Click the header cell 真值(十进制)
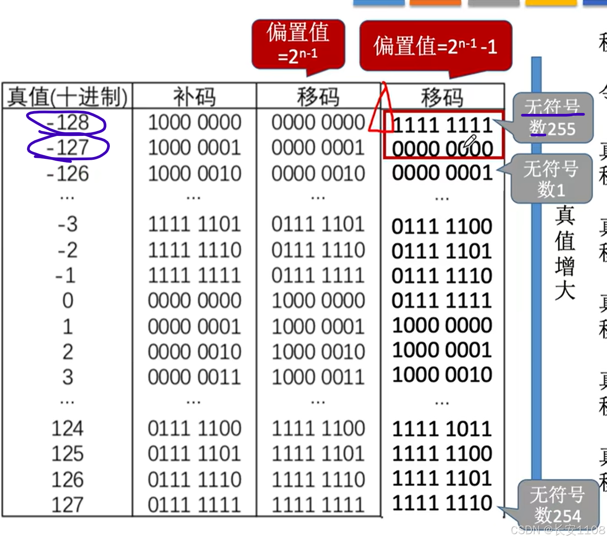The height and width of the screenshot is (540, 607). (x=68, y=96)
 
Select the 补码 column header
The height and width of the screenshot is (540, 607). (x=194, y=96)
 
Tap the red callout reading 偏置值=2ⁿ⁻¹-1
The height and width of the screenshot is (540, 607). (x=435, y=45)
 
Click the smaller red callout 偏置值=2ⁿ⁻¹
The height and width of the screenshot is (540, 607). (x=298, y=44)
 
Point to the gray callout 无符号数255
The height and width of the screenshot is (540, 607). (x=553, y=118)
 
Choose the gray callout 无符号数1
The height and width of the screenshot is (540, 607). (x=551, y=179)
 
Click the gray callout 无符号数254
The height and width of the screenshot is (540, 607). (x=557, y=504)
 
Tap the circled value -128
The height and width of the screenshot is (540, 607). (x=68, y=122)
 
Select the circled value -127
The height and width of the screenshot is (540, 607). (x=68, y=148)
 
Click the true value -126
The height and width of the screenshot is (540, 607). (x=68, y=173)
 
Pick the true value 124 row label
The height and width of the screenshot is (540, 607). (x=68, y=428)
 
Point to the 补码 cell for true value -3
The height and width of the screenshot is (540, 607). (x=195, y=224)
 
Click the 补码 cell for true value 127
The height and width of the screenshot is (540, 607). (x=195, y=504)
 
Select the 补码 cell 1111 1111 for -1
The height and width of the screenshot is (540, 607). (x=195, y=275)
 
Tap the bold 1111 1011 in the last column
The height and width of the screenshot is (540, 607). (x=442, y=429)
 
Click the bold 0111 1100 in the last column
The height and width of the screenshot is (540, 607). (x=442, y=226)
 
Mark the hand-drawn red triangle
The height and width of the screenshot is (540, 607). (x=381, y=110)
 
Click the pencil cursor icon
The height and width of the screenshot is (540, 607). (x=470, y=142)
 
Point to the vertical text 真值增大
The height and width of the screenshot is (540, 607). (x=565, y=253)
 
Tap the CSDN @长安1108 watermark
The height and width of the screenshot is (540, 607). (x=558, y=530)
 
